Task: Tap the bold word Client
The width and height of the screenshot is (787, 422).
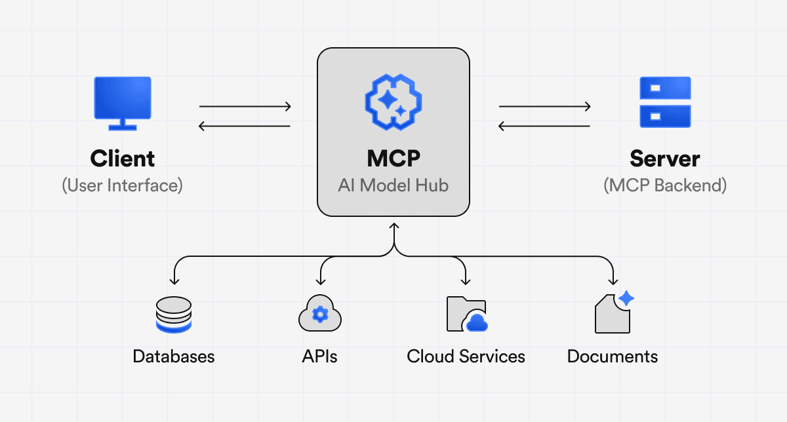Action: tap(123, 159)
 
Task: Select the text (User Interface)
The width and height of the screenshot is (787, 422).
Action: tap(123, 185)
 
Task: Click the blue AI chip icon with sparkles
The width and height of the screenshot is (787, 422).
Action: tap(393, 101)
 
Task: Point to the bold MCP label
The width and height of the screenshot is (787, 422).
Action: tap(393, 159)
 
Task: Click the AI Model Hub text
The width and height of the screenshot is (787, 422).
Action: tap(393, 185)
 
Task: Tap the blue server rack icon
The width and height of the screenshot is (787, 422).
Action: tap(665, 102)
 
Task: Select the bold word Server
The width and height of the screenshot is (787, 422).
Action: tap(665, 159)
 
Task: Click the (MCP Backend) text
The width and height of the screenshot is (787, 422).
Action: tap(665, 185)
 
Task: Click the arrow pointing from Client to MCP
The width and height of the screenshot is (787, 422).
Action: tap(245, 105)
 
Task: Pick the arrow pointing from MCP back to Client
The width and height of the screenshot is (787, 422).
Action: tap(245, 126)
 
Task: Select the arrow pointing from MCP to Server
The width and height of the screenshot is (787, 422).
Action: tap(545, 105)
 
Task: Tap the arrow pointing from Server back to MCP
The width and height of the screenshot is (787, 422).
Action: tap(545, 126)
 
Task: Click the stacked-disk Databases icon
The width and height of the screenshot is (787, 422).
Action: tap(174, 315)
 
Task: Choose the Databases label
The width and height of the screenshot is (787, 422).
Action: tap(174, 356)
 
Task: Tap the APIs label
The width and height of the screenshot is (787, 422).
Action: tap(320, 356)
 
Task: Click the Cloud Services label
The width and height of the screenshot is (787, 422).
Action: tap(466, 356)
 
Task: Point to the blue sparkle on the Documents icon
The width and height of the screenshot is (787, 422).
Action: tap(626, 298)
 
